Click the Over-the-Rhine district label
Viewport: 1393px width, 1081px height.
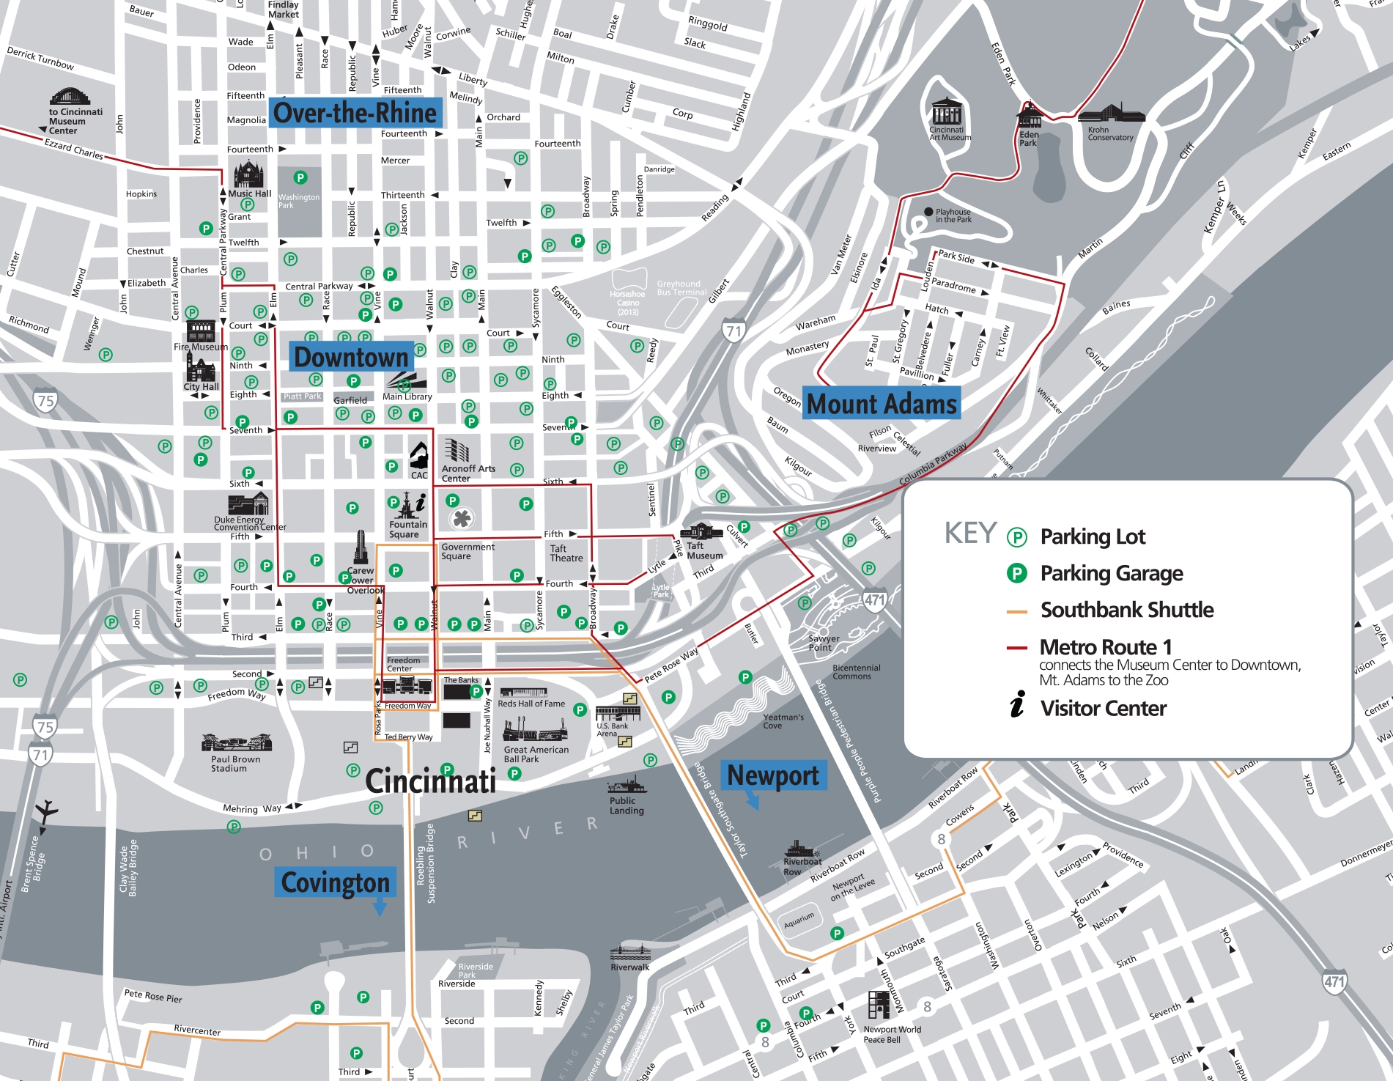tap(355, 113)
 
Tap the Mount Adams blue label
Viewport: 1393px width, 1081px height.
tap(882, 404)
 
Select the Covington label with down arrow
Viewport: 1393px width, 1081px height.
tap(336, 882)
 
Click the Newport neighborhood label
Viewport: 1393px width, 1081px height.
tap(773, 775)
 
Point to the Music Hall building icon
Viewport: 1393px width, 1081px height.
tap(248, 175)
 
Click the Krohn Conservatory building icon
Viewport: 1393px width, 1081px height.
tap(1111, 113)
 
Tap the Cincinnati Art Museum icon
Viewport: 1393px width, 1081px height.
tap(947, 112)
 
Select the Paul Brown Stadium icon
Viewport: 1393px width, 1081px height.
tap(236, 742)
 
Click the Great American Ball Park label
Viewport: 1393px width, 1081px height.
tap(536, 754)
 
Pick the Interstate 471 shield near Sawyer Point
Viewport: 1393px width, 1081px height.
tap(875, 599)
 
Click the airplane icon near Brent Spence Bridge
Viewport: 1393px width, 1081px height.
tap(46, 810)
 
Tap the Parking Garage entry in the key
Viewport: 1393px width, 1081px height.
tap(1111, 573)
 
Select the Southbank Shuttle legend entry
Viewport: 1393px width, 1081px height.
tap(1126, 610)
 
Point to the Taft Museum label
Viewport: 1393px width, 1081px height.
tap(704, 550)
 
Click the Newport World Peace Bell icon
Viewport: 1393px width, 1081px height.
tap(879, 1005)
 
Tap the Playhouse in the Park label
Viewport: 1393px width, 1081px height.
tap(953, 215)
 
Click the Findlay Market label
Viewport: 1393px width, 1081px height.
tap(284, 10)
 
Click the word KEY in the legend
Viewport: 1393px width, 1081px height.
tap(970, 533)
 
